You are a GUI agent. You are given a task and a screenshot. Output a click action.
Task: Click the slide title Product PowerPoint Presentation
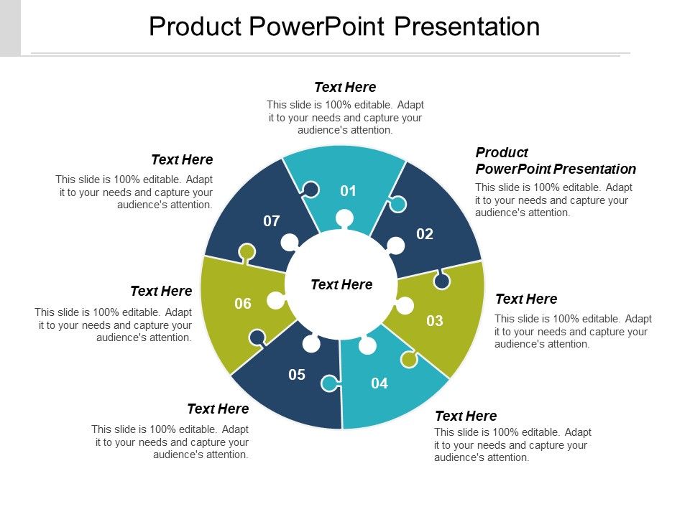[x=344, y=27]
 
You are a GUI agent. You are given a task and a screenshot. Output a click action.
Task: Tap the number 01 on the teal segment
[x=348, y=191]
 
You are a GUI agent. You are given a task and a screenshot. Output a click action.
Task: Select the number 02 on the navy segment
[x=425, y=234]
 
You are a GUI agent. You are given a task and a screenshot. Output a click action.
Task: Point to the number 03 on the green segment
[x=435, y=321]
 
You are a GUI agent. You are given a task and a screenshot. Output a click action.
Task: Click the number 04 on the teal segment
[x=379, y=384]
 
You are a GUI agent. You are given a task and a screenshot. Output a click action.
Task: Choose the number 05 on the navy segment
[x=297, y=374]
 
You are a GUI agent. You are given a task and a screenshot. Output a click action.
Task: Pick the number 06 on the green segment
[x=243, y=304]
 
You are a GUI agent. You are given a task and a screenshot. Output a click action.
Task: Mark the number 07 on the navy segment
[x=271, y=221]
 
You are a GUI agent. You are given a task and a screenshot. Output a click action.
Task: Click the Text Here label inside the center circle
[x=341, y=285]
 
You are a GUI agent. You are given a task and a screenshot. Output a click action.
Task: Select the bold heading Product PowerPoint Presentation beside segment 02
[x=555, y=161]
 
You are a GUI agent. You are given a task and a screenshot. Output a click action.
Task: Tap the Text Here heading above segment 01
[x=345, y=87]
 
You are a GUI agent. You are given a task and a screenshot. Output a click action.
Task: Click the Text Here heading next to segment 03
[x=526, y=299]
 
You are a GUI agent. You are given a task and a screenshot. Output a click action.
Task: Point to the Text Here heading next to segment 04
[x=466, y=416]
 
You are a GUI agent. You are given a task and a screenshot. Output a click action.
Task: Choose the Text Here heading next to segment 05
[x=218, y=409]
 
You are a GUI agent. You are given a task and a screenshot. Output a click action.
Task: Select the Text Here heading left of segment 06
[x=161, y=291]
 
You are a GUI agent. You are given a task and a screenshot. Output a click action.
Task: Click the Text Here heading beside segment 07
[x=182, y=159]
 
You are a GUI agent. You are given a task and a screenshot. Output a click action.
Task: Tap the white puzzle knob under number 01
[x=344, y=218]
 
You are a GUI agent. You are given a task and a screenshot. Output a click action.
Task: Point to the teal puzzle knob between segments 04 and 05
[x=330, y=384]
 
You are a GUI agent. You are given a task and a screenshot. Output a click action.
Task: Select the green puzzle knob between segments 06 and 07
[x=247, y=252]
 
